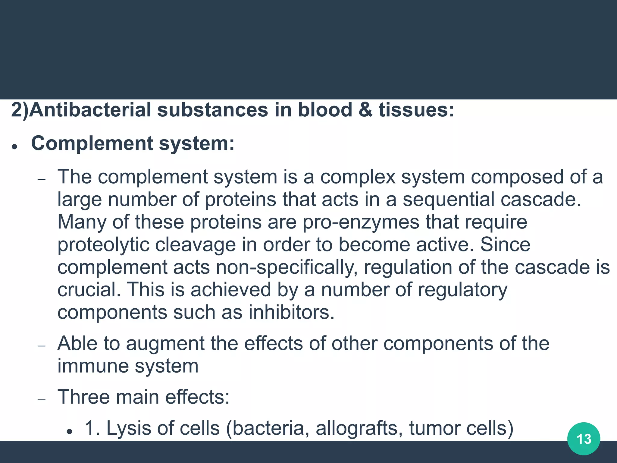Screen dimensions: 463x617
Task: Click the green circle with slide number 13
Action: (x=584, y=439)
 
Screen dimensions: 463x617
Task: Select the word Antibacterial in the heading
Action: (x=90, y=110)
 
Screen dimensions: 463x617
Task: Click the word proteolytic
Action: (x=103, y=245)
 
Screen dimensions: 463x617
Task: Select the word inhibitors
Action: (x=291, y=312)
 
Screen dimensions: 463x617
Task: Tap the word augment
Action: (x=165, y=344)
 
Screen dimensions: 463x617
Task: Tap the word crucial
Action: (x=89, y=290)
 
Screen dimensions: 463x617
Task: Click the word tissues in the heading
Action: (x=416, y=110)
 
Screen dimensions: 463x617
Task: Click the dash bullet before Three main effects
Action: (x=42, y=400)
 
